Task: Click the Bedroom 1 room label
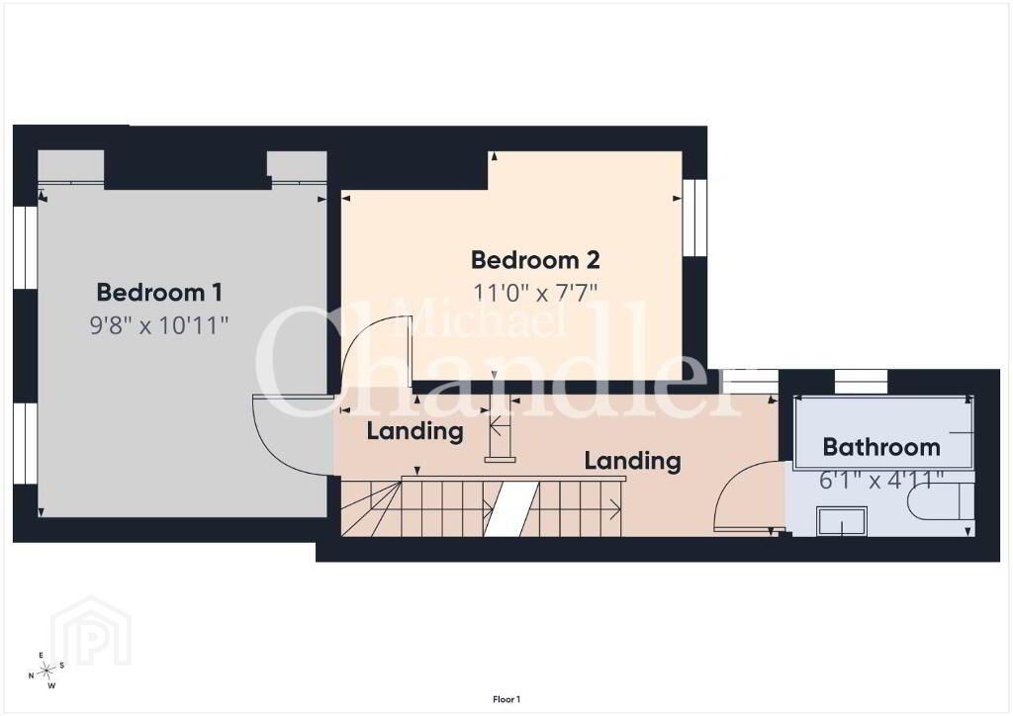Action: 159,293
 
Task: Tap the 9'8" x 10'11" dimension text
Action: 159,324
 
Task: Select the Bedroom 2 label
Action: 535,259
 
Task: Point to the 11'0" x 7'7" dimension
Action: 535,293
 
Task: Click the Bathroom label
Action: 881,447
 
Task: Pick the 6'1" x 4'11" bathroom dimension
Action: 881,481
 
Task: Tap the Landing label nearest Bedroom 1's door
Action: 414,431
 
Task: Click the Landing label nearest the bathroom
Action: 632,461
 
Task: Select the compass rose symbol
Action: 46,671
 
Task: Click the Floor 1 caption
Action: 506,699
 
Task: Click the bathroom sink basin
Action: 842,521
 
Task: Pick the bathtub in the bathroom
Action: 882,432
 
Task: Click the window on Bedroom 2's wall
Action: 695,217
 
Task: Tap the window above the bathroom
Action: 862,382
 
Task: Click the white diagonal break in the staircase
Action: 511,508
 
